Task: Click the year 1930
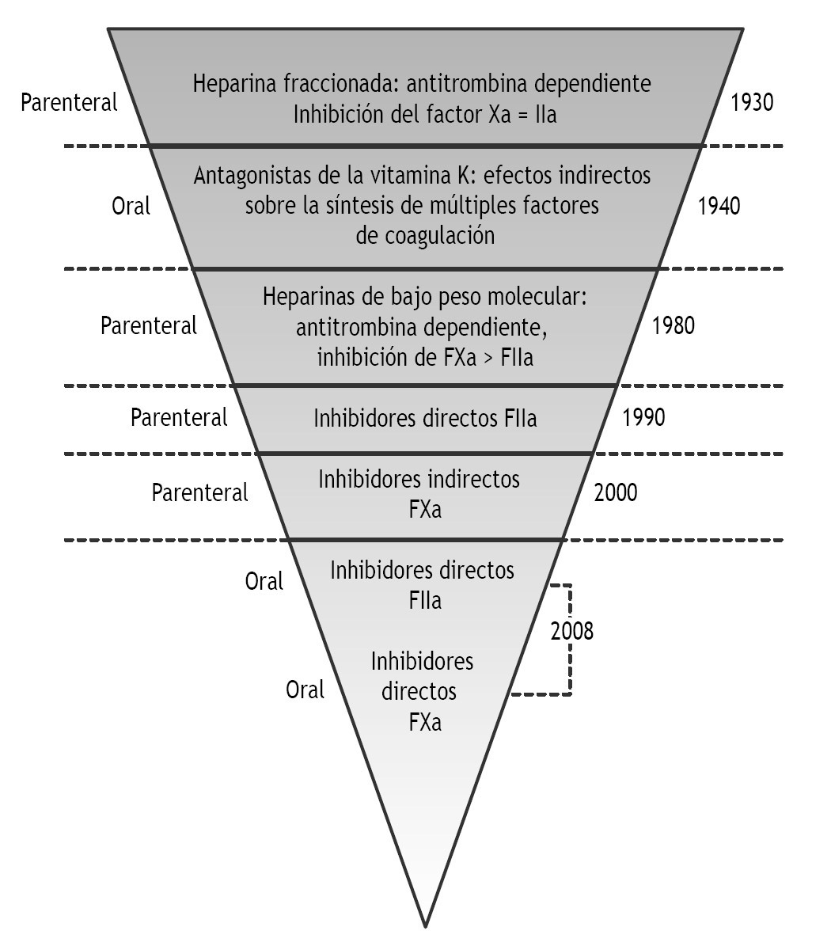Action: coord(752,103)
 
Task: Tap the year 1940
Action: coord(719,207)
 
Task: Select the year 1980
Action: coord(674,325)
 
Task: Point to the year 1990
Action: coord(644,417)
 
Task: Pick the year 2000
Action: coord(615,492)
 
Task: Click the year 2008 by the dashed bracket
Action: coord(571,632)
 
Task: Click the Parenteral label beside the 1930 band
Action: coord(69,103)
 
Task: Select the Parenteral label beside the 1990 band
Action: coord(179,417)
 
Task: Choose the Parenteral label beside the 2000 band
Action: coord(199,492)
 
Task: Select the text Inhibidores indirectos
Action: coord(419,479)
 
